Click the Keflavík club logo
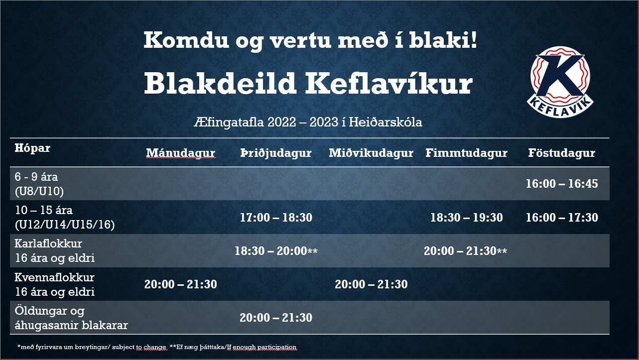560,82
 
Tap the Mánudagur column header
181,153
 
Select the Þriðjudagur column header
276,153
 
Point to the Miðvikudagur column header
371,153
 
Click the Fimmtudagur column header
466,153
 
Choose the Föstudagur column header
562,153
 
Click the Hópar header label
32,148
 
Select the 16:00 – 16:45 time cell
562,184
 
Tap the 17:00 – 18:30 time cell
276,218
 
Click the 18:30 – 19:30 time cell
466,218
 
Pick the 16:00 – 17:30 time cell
562,218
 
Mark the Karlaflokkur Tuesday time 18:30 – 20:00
276,251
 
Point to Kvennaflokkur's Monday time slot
181,284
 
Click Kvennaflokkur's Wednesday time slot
371,284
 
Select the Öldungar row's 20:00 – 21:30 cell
276,318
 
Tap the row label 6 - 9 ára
36,177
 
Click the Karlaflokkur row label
48,243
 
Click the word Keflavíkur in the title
389,83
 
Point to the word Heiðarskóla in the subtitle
385,122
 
